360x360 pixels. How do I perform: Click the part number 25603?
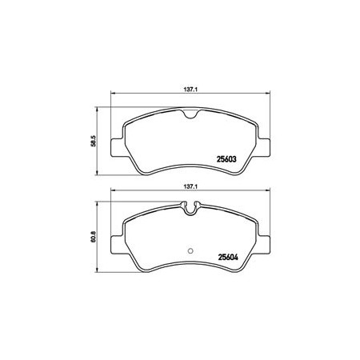pos(226,159)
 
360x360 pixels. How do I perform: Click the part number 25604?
pos(228,258)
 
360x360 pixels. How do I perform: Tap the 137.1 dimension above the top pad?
pos(190,90)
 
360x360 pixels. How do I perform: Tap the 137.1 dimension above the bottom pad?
pos(190,187)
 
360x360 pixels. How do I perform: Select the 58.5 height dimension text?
pos(93,141)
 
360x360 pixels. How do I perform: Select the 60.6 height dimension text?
pos(93,237)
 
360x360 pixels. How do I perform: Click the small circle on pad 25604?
pos(190,250)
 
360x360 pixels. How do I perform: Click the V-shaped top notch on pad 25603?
pos(190,114)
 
